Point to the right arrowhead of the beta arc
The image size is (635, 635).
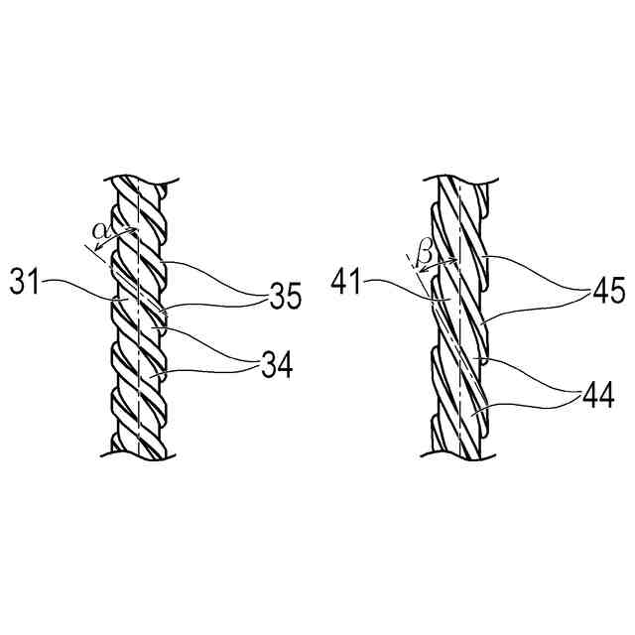click(454, 261)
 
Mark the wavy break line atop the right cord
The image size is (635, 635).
click(466, 181)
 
